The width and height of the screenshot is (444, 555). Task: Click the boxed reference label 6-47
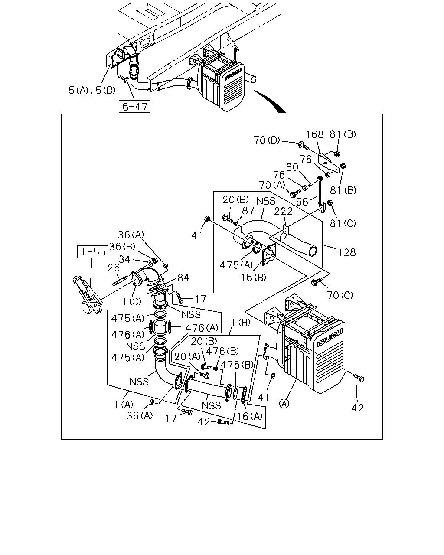coord(134,107)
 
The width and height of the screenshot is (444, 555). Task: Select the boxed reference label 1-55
coord(93,252)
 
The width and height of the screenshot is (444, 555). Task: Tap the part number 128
coord(347,252)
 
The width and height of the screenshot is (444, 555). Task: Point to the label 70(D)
coord(267,140)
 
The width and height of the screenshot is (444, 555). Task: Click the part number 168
coord(315,134)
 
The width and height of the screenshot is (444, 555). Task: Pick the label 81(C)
coord(343,223)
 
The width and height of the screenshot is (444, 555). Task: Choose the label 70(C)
coord(340,295)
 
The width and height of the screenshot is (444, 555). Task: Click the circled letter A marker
coord(284,403)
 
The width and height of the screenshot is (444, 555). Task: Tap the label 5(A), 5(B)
coord(92,90)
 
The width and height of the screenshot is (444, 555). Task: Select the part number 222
coord(283,212)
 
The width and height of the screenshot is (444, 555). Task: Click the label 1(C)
coord(132,301)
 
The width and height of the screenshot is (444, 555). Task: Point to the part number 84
coord(183,278)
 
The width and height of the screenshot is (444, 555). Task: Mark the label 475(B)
coord(237,365)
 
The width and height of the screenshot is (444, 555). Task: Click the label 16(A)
coord(249,416)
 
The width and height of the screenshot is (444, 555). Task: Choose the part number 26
coord(114,268)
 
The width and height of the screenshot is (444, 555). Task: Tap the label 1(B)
coord(241,322)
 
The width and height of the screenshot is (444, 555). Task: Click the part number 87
coord(248,211)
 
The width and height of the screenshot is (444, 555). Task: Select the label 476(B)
coord(222,351)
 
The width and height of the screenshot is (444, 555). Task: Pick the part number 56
coord(302,202)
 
